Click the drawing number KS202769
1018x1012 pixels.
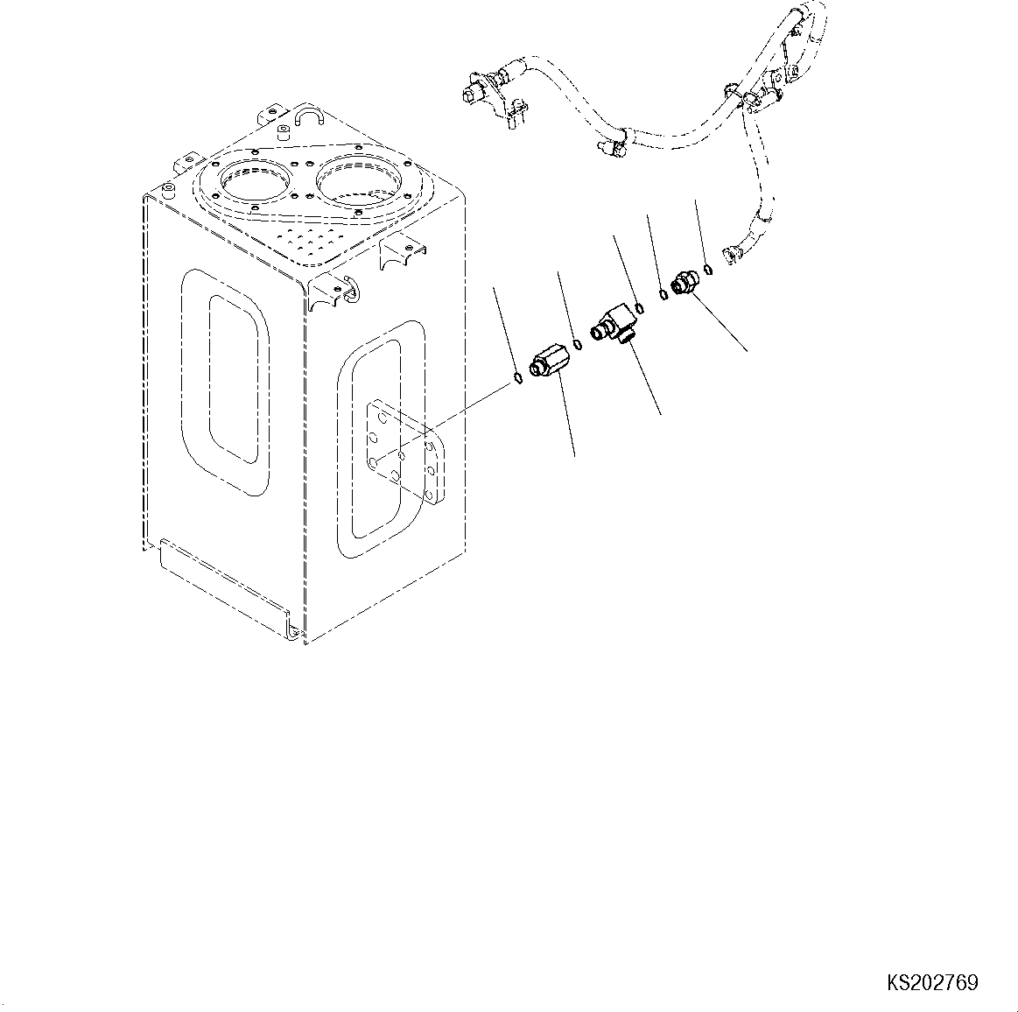pos(933,983)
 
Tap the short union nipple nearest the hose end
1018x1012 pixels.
pos(683,282)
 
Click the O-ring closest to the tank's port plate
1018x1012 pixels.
pos(517,378)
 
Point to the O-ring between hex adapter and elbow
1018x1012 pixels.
pos(576,343)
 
